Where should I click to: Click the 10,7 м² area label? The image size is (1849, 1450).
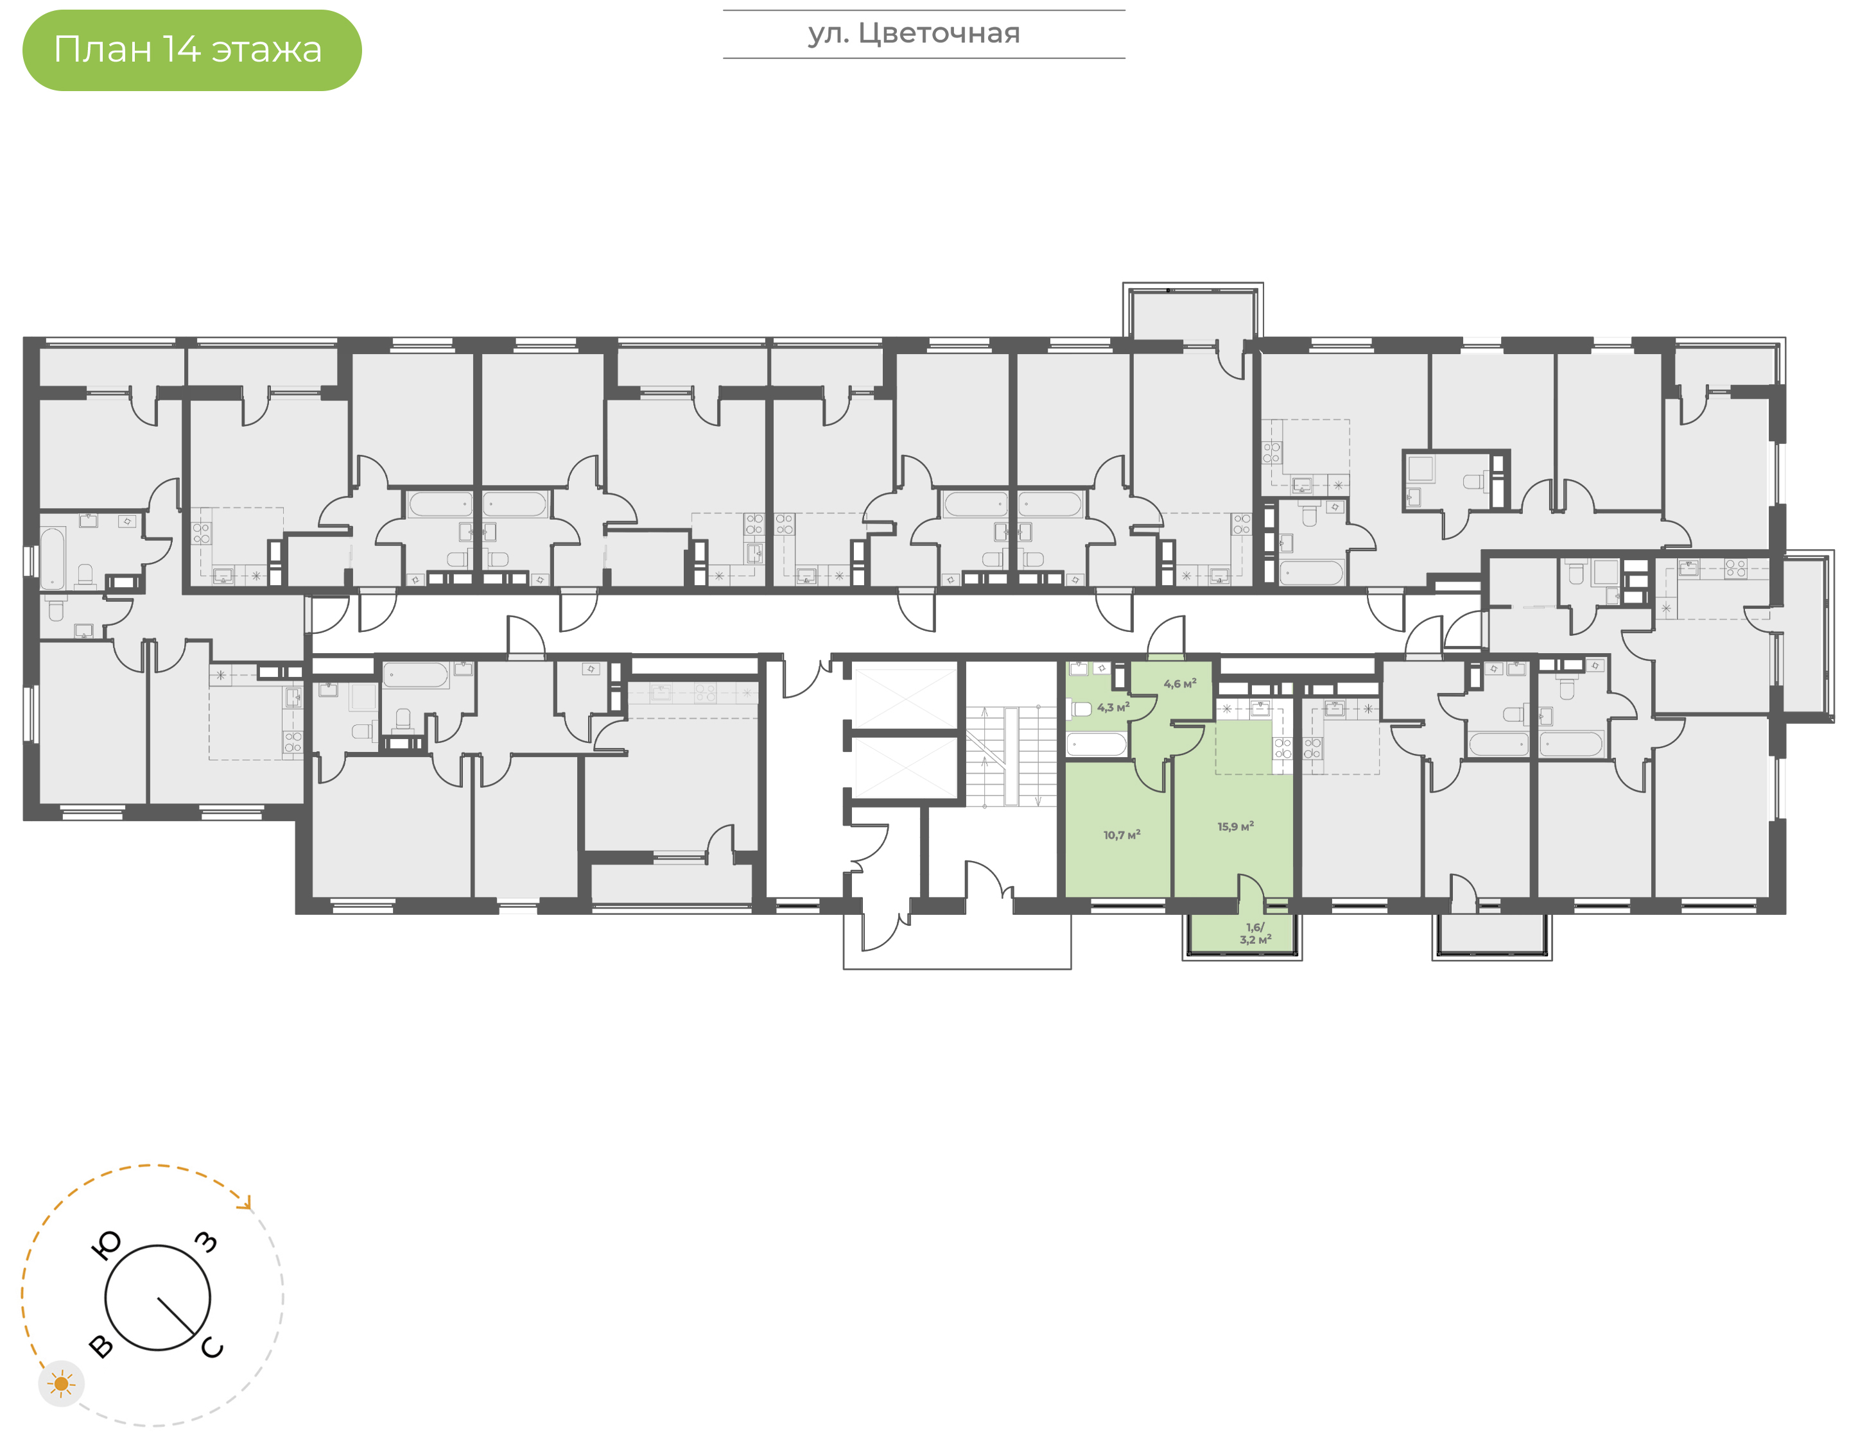click(1121, 835)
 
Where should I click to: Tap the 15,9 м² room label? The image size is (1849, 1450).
click(1235, 826)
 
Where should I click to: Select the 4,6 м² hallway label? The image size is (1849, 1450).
click(1180, 683)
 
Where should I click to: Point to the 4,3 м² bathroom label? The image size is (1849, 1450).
click(1113, 707)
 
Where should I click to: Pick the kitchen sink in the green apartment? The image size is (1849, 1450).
click(1260, 709)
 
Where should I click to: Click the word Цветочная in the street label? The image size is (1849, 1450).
click(939, 34)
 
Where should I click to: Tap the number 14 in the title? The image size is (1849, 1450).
click(181, 49)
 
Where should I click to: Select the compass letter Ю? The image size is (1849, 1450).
click(105, 1245)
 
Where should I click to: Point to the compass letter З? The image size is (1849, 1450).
click(206, 1242)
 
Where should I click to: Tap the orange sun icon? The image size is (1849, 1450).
click(61, 1384)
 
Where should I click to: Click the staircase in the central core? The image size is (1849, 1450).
click(1010, 756)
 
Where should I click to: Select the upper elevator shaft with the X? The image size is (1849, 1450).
click(905, 698)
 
